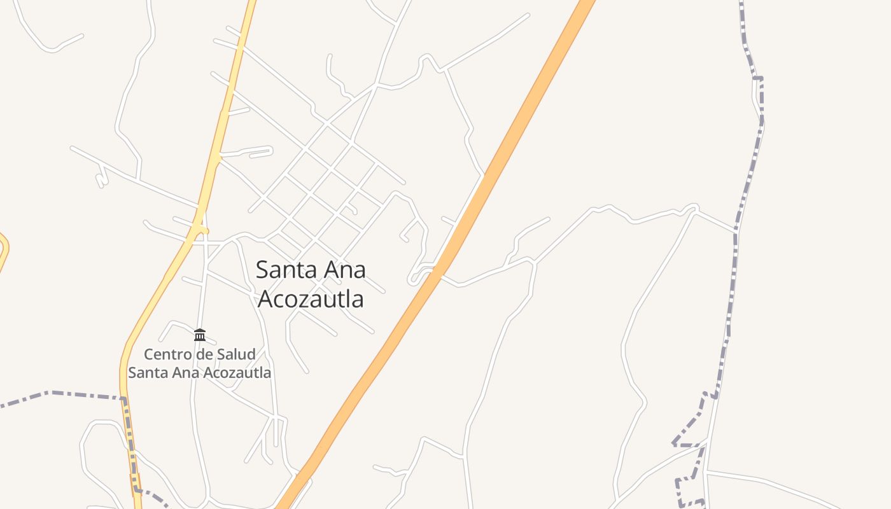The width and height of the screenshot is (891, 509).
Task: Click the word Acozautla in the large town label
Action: click(x=310, y=298)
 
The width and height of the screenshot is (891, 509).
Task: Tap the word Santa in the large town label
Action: click(x=283, y=270)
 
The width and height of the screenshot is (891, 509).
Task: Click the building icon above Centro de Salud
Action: click(x=200, y=335)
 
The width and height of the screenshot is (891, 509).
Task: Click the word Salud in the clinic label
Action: click(x=235, y=354)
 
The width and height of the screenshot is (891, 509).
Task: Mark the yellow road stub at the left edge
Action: click(x=4, y=248)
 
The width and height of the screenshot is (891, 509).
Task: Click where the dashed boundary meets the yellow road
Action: click(x=124, y=400)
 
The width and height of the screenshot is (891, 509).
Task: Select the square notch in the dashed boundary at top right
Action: click(x=759, y=80)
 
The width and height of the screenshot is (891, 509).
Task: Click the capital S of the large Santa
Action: click(x=263, y=270)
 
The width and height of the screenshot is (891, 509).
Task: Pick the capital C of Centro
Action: click(x=149, y=354)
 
